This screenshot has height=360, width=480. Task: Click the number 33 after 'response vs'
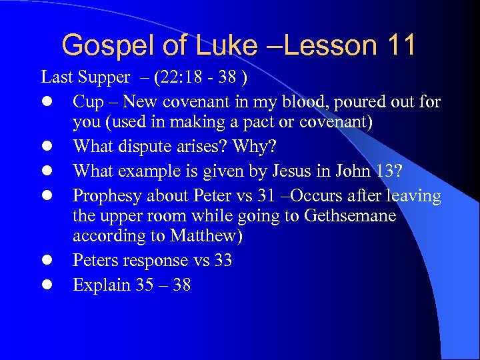[223, 260]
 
